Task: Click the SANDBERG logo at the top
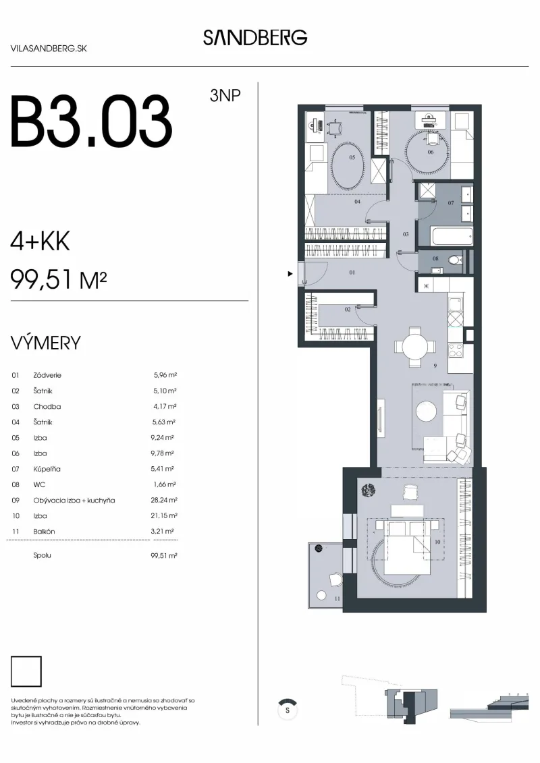tap(255, 38)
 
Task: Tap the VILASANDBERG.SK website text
tap(49, 49)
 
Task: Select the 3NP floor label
tap(225, 95)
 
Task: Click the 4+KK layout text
tap(40, 241)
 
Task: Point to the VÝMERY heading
tap(45, 343)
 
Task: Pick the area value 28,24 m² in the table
tap(164, 500)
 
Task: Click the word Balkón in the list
tap(45, 532)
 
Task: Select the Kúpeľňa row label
tap(47, 469)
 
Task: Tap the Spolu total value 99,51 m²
tap(164, 555)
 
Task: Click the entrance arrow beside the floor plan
tap(290, 274)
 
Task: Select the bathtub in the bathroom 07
tap(452, 237)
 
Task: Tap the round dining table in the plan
tap(415, 347)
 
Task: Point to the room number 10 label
tap(437, 542)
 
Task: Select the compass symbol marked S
tap(288, 710)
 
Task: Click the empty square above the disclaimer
tap(26, 671)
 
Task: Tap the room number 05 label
tap(352, 158)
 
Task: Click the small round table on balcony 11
tap(321, 595)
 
